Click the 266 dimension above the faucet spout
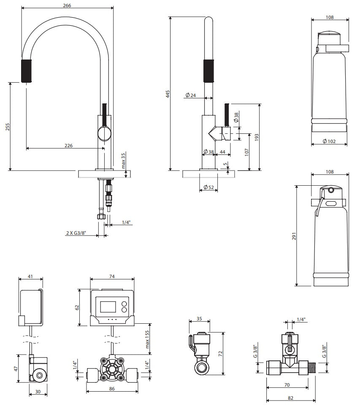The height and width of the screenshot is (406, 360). [x=67, y=5]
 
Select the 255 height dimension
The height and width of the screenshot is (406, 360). [x=7, y=127]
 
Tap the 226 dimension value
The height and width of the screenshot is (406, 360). [x=68, y=145]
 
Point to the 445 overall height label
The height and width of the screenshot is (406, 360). [x=168, y=94]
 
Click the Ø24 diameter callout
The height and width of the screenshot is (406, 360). [x=191, y=96]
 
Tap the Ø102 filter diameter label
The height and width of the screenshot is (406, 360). [x=329, y=141]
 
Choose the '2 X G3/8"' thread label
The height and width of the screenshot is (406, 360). [x=76, y=232]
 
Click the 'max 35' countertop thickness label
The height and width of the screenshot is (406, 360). [x=123, y=161]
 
